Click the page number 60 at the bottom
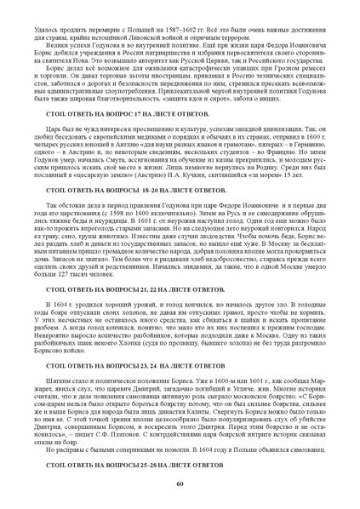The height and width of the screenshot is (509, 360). pos(180,483)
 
